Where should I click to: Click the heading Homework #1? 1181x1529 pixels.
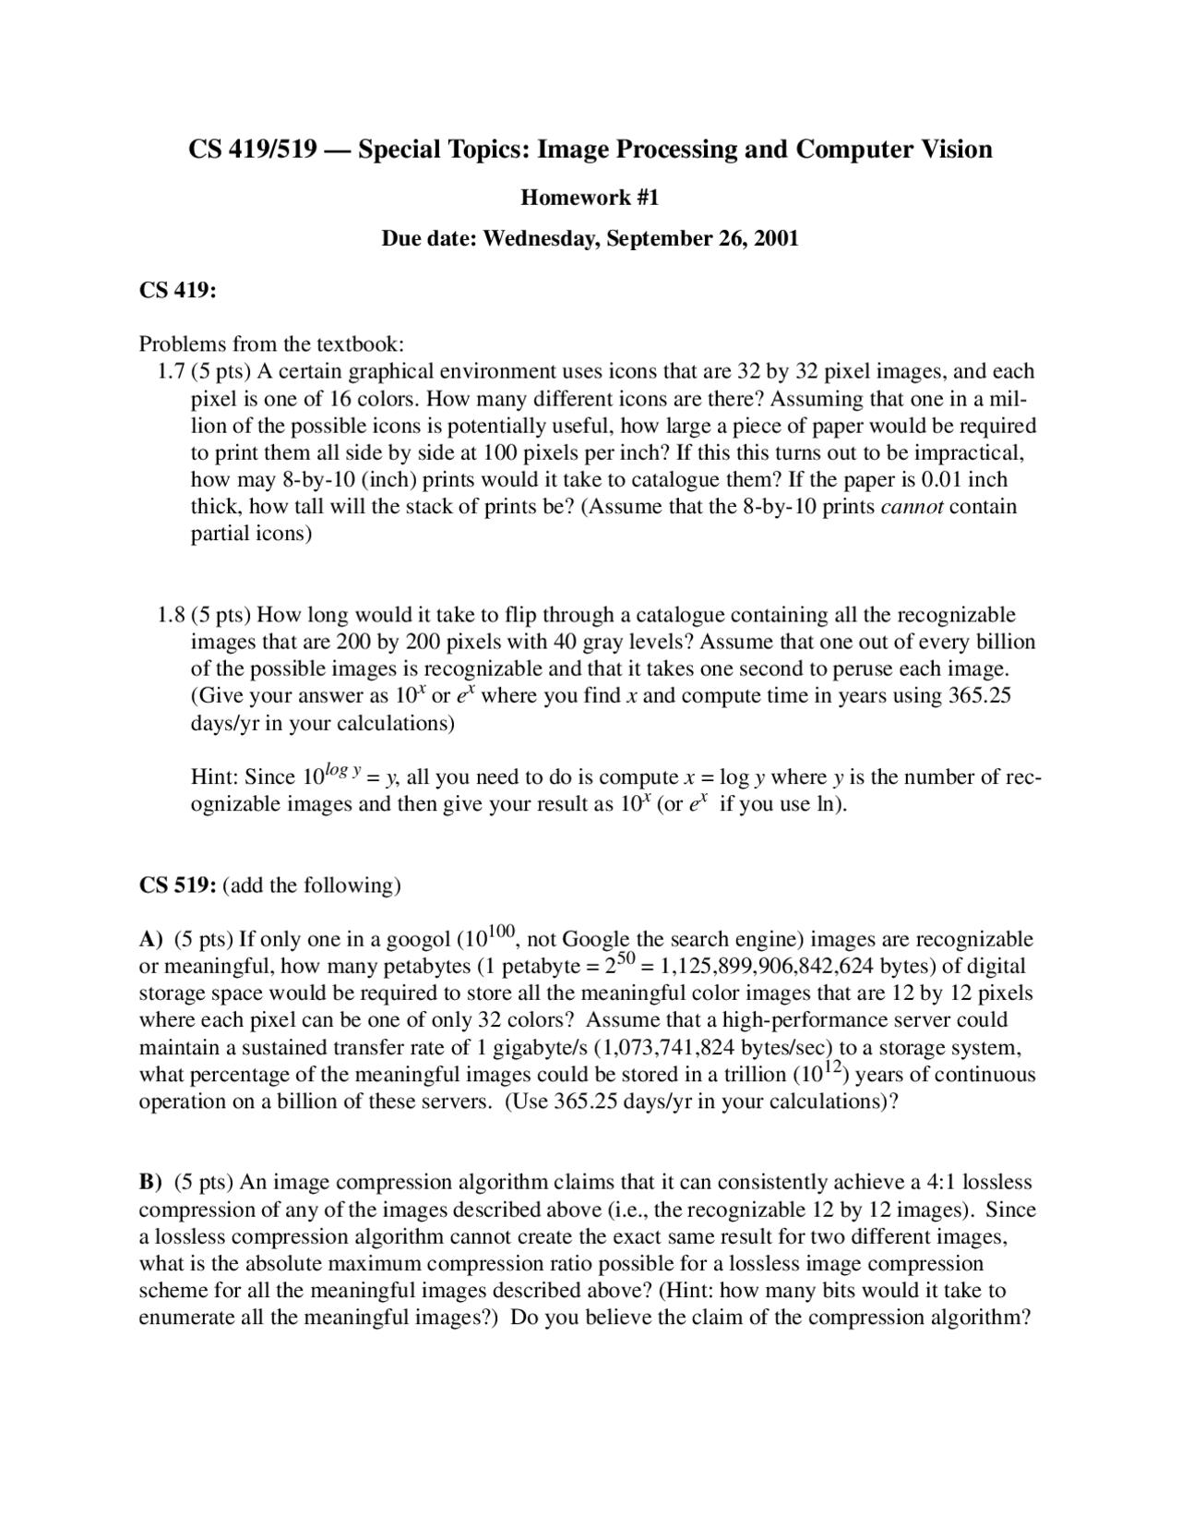pos(590,197)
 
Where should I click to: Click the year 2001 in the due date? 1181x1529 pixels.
pos(776,238)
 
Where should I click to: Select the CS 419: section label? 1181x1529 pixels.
pos(178,290)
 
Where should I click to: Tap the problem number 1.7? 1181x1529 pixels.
pos(172,372)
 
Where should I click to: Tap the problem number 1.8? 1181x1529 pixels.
pos(172,615)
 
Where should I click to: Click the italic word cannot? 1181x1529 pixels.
pos(912,507)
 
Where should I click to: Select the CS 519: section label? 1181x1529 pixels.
pos(178,885)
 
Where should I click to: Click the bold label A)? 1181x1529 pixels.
pos(151,940)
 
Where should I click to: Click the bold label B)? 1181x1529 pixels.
pos(150,1183)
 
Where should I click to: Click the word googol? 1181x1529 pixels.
pos(417,940)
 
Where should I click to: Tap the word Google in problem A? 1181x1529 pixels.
pos(595,940)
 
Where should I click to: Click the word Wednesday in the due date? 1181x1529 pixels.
pos(541,238)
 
